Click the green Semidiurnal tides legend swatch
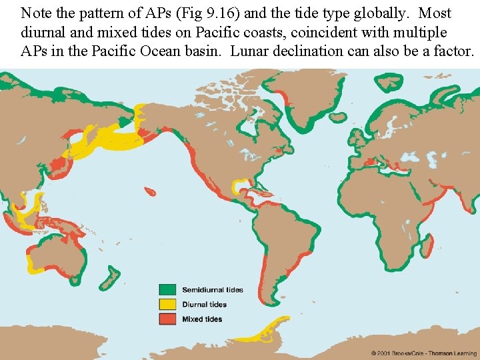[x=167, y=290]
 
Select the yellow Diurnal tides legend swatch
[x=167, y=305]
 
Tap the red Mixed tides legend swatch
[x=167, y=319]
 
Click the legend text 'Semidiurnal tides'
[x=213, y=290]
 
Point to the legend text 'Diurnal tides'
[x=204, y=305]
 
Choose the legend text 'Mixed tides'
[x=202, y=319]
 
